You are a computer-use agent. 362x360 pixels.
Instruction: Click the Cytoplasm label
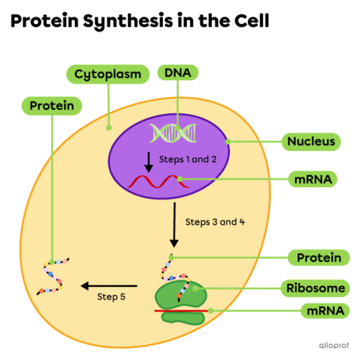pyautogui.click(x=106, y=74)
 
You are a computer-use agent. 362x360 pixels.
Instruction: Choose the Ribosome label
pyautogui.click(x=316, y=288)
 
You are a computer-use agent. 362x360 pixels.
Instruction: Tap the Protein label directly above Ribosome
pyautogui.click(x=318, y=258)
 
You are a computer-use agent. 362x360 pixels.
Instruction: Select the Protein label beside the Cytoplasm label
pyautogui.click(x=51, y=106)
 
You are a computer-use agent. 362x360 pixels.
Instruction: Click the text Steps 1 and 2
pyautogui.click(x=188, y=159)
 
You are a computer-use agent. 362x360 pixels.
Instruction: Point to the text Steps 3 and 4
pyautogui.click(x=215, y=223)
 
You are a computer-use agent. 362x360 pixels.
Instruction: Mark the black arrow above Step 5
pyautogui.click(x=109, y=285)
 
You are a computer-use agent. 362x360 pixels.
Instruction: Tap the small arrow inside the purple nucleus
pyautogui.click(x=149, y=161)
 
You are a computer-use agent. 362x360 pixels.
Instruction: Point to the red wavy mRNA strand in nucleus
pyautogui.click(x=154, y=182)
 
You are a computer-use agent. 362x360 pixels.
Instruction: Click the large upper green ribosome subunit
pyautogui.click(x=181, y=294)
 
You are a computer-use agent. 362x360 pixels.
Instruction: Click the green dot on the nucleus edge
pyautogui.click(x=226, y=141)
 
